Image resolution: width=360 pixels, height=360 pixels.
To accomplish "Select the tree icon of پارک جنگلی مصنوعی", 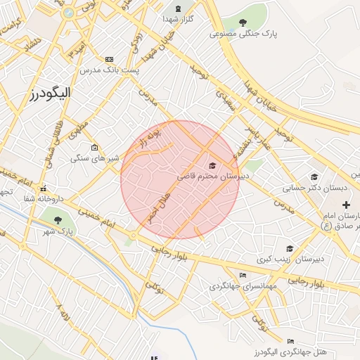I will [243, 22].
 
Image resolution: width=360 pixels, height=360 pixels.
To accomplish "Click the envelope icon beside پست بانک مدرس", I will [109, 60].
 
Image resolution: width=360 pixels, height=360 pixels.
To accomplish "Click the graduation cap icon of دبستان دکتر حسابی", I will [314, 176].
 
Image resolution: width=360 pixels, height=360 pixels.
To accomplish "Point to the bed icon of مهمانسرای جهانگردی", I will [243, 275].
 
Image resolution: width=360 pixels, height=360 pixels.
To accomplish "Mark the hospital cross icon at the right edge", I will [345, 205].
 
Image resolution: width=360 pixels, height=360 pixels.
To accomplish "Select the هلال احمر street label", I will [159, 207].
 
